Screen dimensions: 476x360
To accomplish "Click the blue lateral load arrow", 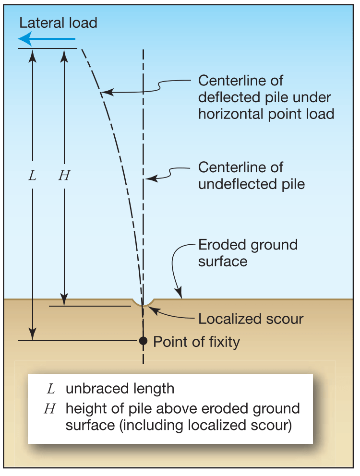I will click(46, 39).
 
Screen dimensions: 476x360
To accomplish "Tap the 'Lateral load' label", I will click(58, 23).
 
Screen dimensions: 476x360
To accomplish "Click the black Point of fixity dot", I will click(143, 341).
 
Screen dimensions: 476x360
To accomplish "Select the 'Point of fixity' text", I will click(196, 342).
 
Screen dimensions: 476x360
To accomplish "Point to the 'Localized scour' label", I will click(251, 319).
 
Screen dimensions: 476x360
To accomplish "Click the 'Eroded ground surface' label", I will click(248, 253).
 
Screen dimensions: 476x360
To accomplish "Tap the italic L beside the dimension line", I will click(32, 176).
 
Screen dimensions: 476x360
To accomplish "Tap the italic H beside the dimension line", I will click(64, 176).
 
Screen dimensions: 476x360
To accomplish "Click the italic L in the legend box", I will click(50, 388).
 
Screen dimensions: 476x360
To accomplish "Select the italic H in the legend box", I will click(50, 409).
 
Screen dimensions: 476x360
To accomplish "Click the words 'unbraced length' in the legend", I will click(120, 388).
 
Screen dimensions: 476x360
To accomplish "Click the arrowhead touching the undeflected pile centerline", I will click(149, 179).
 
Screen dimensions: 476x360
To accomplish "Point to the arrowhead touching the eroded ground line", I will click(180, 294).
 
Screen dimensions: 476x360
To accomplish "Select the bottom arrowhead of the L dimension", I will click(32, 335).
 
